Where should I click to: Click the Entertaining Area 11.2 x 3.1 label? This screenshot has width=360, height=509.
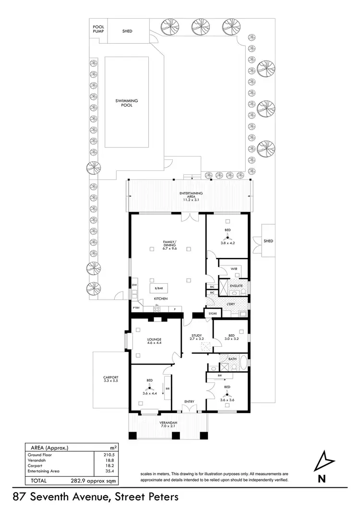(191, 195)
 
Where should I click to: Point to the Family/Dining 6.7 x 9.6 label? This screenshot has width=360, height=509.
(169, 243)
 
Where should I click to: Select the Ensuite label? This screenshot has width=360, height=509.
(236, 286)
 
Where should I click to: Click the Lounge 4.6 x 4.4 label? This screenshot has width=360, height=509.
(154, 342)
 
